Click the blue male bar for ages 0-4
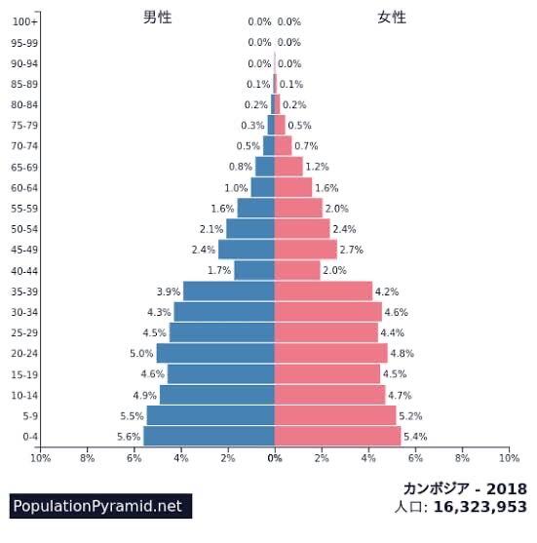click(209, 436)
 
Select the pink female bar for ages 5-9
click(335, 415)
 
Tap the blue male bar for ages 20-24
click(215, 353)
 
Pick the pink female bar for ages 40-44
click(297, 270)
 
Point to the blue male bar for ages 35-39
click(229, 291)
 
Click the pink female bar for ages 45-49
click(305, 250)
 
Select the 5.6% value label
click(128, 437)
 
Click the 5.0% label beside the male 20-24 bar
click(141, 353)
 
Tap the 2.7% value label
click(352, 250)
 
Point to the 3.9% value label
click(168, 291)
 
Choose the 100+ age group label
click(25, 21)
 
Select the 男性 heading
click(158, 17)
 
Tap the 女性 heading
click(392, 17)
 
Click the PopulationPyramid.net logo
click(97, 506)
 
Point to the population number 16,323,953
click(480, 507)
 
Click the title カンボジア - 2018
click(465, 487)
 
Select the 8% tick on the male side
click(87, 457)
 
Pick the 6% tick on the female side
click(415, 457)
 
